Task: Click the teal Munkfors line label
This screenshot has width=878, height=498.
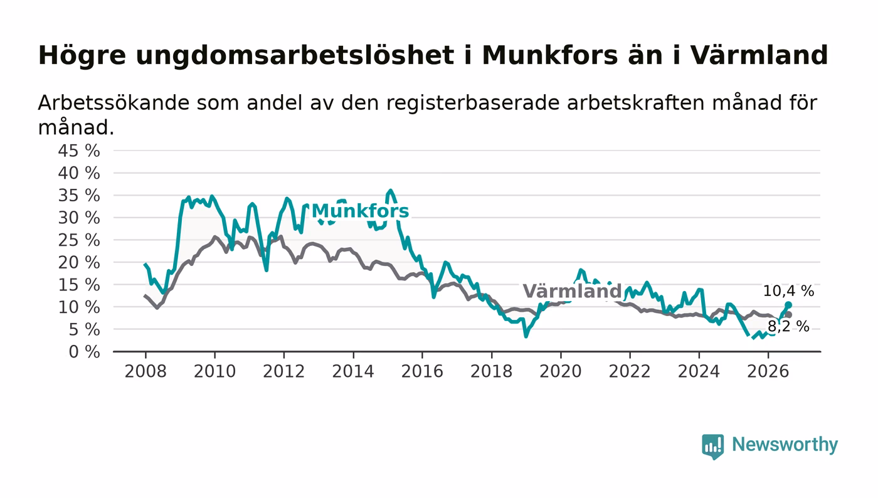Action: click(x=360, y=211)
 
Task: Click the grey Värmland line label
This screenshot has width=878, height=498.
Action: click(x=572, y=291)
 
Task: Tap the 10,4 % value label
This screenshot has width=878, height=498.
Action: click(x=788, y=291)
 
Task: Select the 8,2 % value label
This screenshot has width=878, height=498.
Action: click(x=788, y=326)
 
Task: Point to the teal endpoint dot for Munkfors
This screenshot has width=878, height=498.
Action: click(x=788, y=305)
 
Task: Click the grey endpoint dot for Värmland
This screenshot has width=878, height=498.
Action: click(x=789, y=315)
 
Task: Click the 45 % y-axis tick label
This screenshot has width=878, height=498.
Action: click(x=79, y=151)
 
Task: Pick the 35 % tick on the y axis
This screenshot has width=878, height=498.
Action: click(x=79, y=195)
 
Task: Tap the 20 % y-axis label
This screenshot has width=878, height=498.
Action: click(x=79, y=262)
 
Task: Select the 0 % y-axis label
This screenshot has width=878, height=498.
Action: click(x=84, y=352)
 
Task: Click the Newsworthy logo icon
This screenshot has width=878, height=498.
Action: click(x=712, y=447)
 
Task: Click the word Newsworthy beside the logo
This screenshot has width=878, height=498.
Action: click(x=785, y=445)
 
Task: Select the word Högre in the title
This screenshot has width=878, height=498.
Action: click(x=82, y=56)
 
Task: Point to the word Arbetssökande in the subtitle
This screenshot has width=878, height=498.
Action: click(x=114, y=103)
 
